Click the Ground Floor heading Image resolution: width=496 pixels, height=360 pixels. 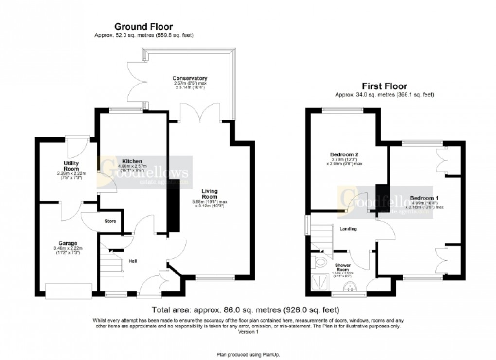(x=143, y=27)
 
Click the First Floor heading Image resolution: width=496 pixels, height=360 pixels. (x=384, y=86)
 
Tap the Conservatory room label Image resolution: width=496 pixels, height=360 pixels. (x=190, y=78)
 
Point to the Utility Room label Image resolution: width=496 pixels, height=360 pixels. (x=71, y=166)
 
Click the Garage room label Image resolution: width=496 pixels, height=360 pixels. (x=68, y=243)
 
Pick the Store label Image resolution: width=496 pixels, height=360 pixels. (x=110, y=222)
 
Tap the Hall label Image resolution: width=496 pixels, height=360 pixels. (x=132, y=261)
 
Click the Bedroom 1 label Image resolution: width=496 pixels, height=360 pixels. (x=424, y=198)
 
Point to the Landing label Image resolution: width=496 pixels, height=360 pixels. (x=348, y=229)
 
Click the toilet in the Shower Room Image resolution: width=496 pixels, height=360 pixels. (x=321, y=263)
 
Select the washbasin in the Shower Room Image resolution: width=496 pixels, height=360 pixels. (x=350, y=287)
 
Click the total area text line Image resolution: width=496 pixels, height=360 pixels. (x=246, y=309)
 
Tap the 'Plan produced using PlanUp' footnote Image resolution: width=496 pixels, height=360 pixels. (x=248, y=355)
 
